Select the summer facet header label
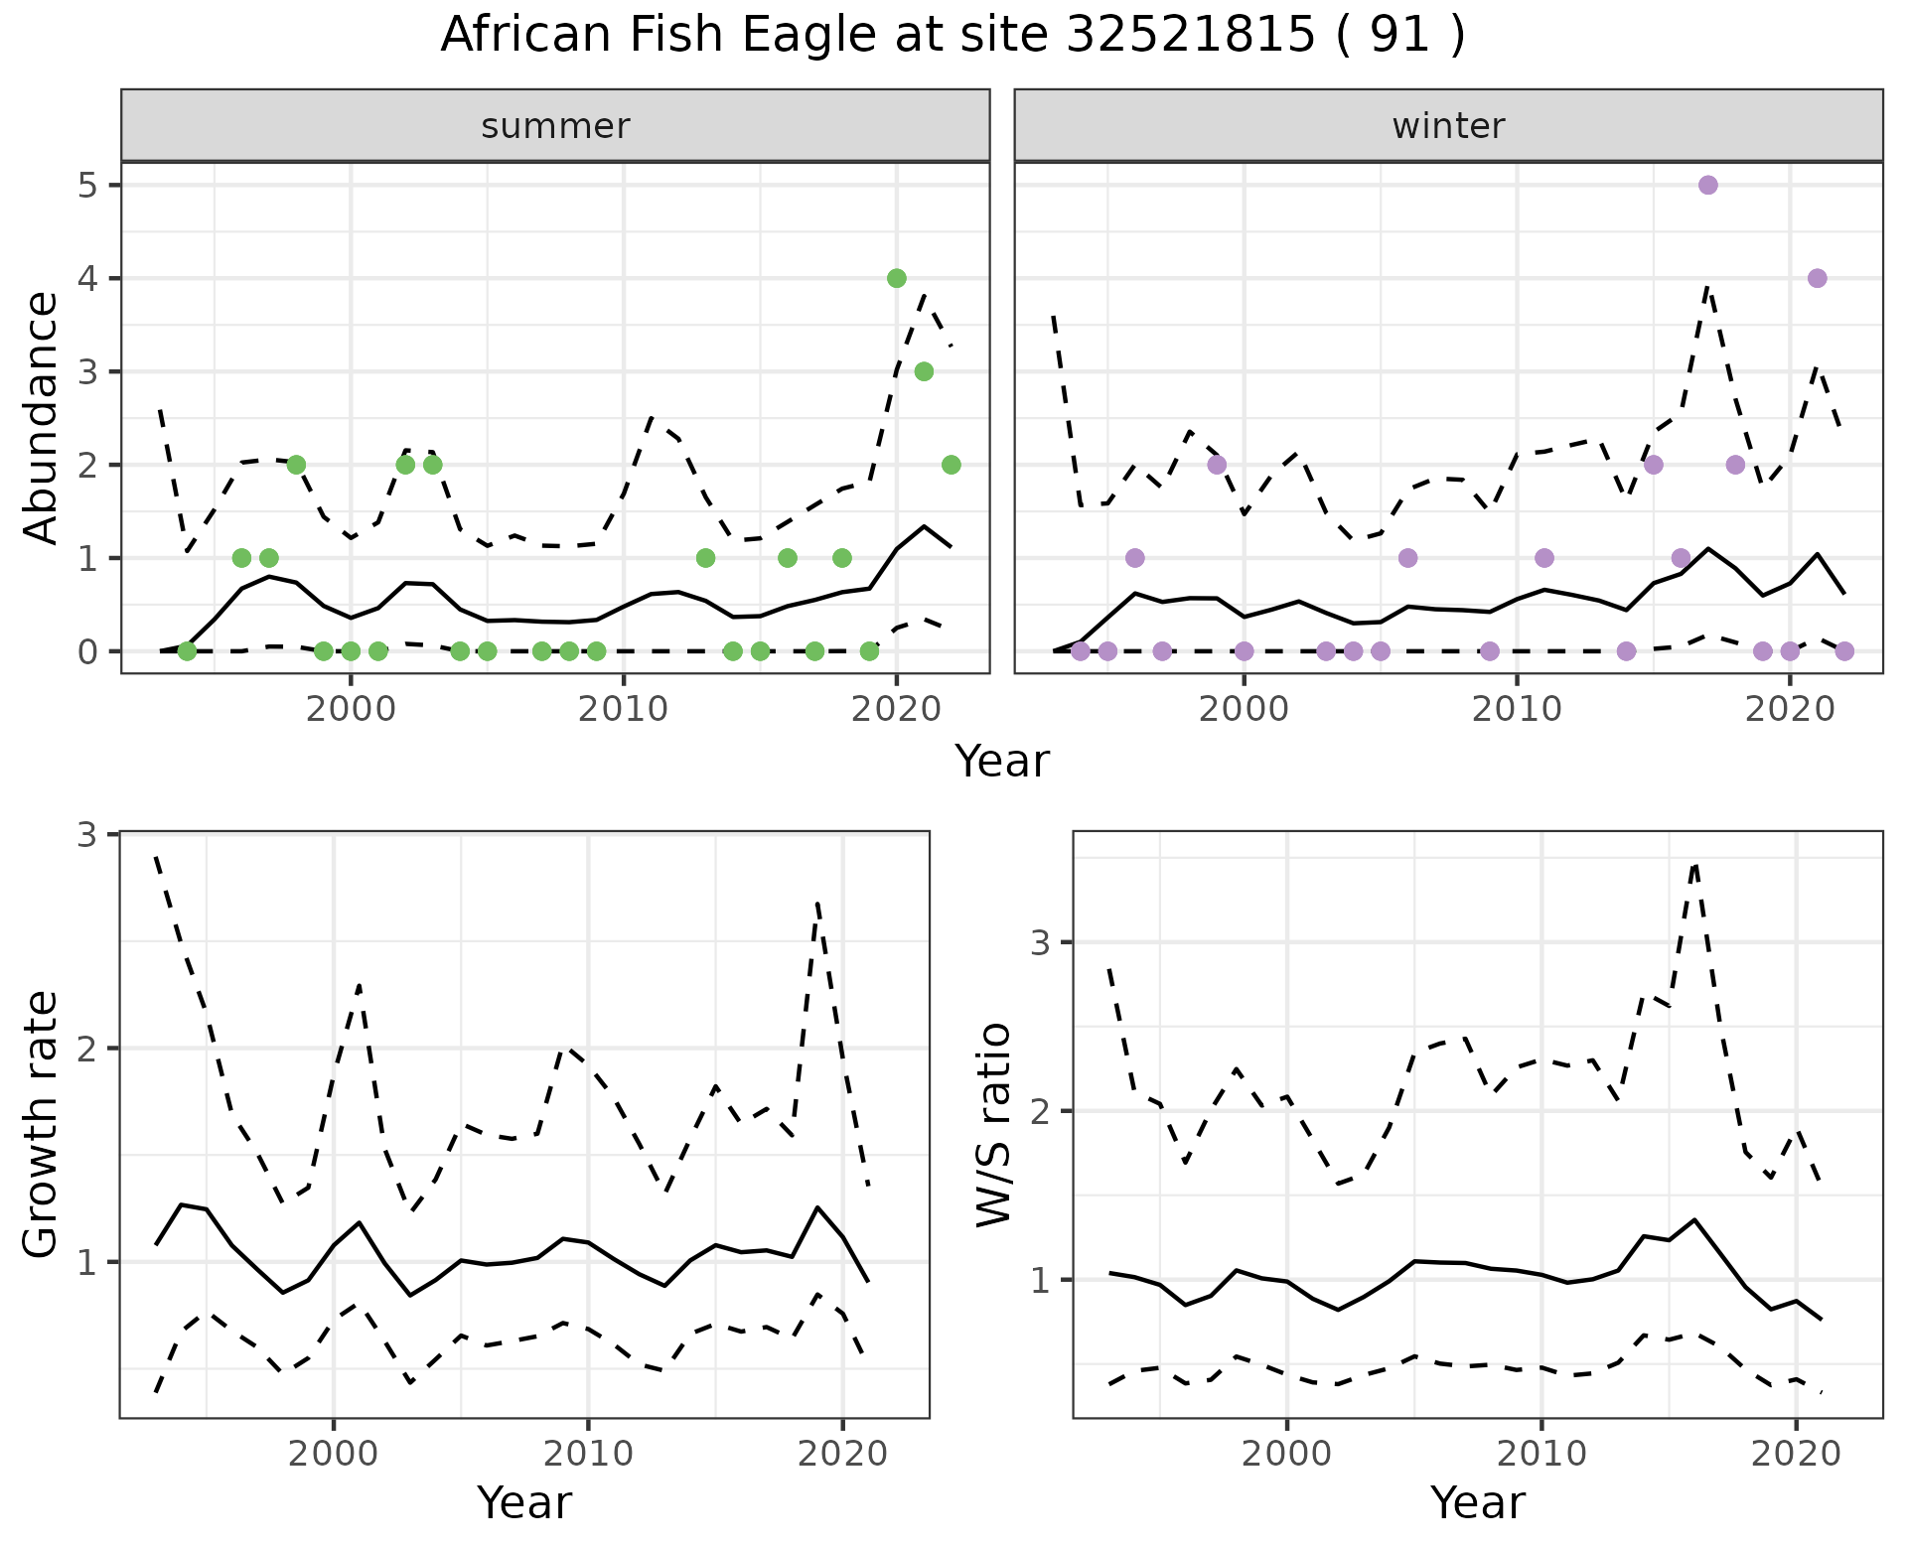[555, 126]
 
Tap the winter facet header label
[1448, 126]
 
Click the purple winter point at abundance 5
[1708, 186]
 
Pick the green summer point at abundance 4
[897, 278]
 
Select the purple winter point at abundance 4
[1817, 278]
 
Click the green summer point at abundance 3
[924, 371]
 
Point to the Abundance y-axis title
[42, 417]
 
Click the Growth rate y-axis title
[42, 1124]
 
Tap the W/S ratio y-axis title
[993, 1124]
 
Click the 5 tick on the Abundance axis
[87, 186]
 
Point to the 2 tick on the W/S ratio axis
[1041, 1111]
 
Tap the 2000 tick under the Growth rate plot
[334, 1455]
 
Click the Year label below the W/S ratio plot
[1478, 1503]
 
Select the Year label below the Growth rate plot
[524, 1503]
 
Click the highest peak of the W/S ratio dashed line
[1695, 866]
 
